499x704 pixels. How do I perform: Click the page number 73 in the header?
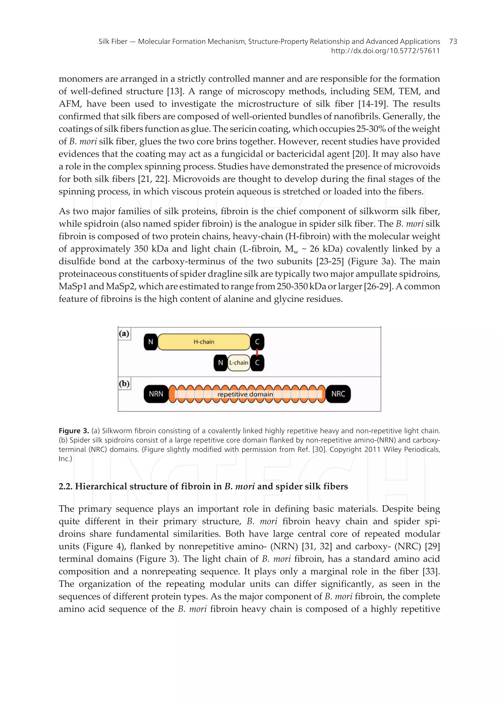453,41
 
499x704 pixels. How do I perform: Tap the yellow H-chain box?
204,342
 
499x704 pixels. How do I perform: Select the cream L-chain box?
239,363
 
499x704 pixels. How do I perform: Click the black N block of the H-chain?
151,342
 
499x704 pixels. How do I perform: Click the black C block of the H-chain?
258,342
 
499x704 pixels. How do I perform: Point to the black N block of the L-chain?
220,363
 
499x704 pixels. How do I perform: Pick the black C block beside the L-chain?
258,363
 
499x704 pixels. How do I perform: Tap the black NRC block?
338,394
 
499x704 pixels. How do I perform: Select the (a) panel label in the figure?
124,334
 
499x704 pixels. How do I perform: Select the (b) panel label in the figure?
124,384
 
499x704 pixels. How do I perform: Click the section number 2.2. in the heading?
66,486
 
